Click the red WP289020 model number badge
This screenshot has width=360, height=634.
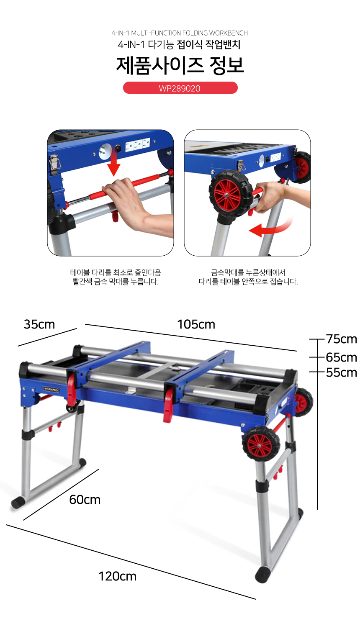180,88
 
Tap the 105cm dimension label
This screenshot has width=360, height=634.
196,324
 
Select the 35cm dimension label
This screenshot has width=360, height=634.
39,324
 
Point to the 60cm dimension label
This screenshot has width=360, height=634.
85,500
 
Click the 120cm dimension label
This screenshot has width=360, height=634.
118,576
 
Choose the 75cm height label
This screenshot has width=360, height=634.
341,339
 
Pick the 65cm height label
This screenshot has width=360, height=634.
341,357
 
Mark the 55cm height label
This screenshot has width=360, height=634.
341,372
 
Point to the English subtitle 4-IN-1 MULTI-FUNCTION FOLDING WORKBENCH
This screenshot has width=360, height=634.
180,33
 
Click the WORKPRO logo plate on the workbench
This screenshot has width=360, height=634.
51,390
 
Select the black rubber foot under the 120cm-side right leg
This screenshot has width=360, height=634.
262,575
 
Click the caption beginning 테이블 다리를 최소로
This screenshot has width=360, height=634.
116,277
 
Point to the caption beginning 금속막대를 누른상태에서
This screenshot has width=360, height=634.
248,277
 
